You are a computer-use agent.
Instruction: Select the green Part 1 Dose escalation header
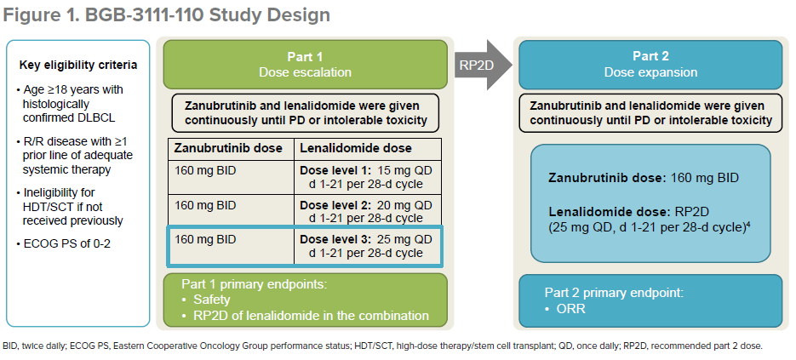click(x=304, y=64)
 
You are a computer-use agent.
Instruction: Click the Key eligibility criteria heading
click(x=78, y=66)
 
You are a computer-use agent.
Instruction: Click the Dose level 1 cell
click(x=366, y=177)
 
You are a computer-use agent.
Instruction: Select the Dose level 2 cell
click(x=366, y=212)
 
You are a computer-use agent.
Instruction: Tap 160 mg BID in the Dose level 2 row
click(x=205, y=205)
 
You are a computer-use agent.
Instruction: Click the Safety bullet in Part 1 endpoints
click(x=210, y=300)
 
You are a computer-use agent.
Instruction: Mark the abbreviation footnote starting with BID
click(x=383, y=346)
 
